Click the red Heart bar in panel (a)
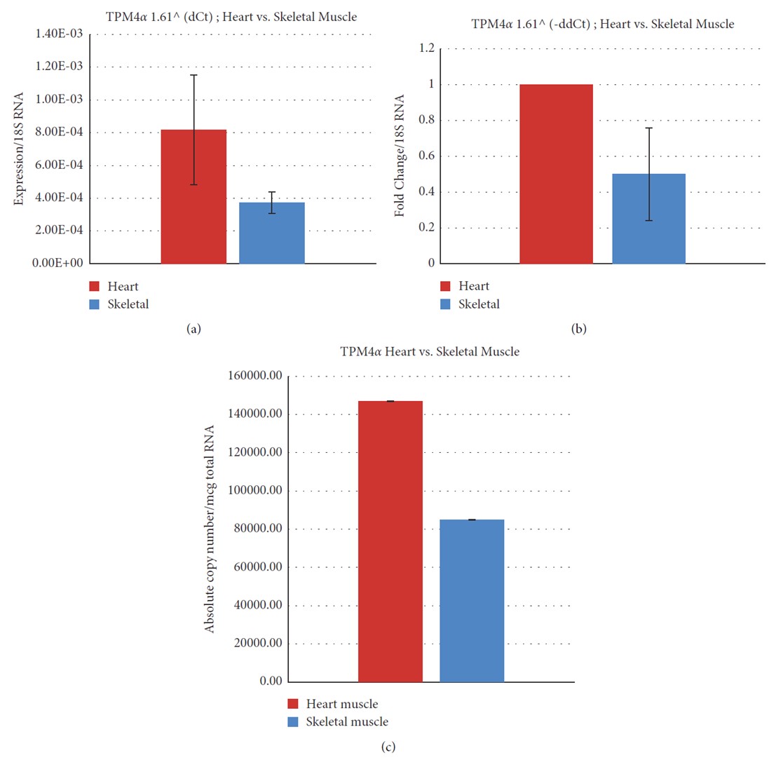point(193,197)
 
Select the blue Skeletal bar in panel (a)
point(272,233)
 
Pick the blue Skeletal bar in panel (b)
point(648,219)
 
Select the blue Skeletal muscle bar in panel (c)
point(472,601)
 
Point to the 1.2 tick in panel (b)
point(426,48)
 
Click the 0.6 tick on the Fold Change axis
point(426,156)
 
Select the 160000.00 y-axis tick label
point(255,376)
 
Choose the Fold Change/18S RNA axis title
point(400,156)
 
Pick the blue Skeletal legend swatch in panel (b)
point(446,304)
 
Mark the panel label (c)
point(388,747)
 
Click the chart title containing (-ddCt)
point(602,24)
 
